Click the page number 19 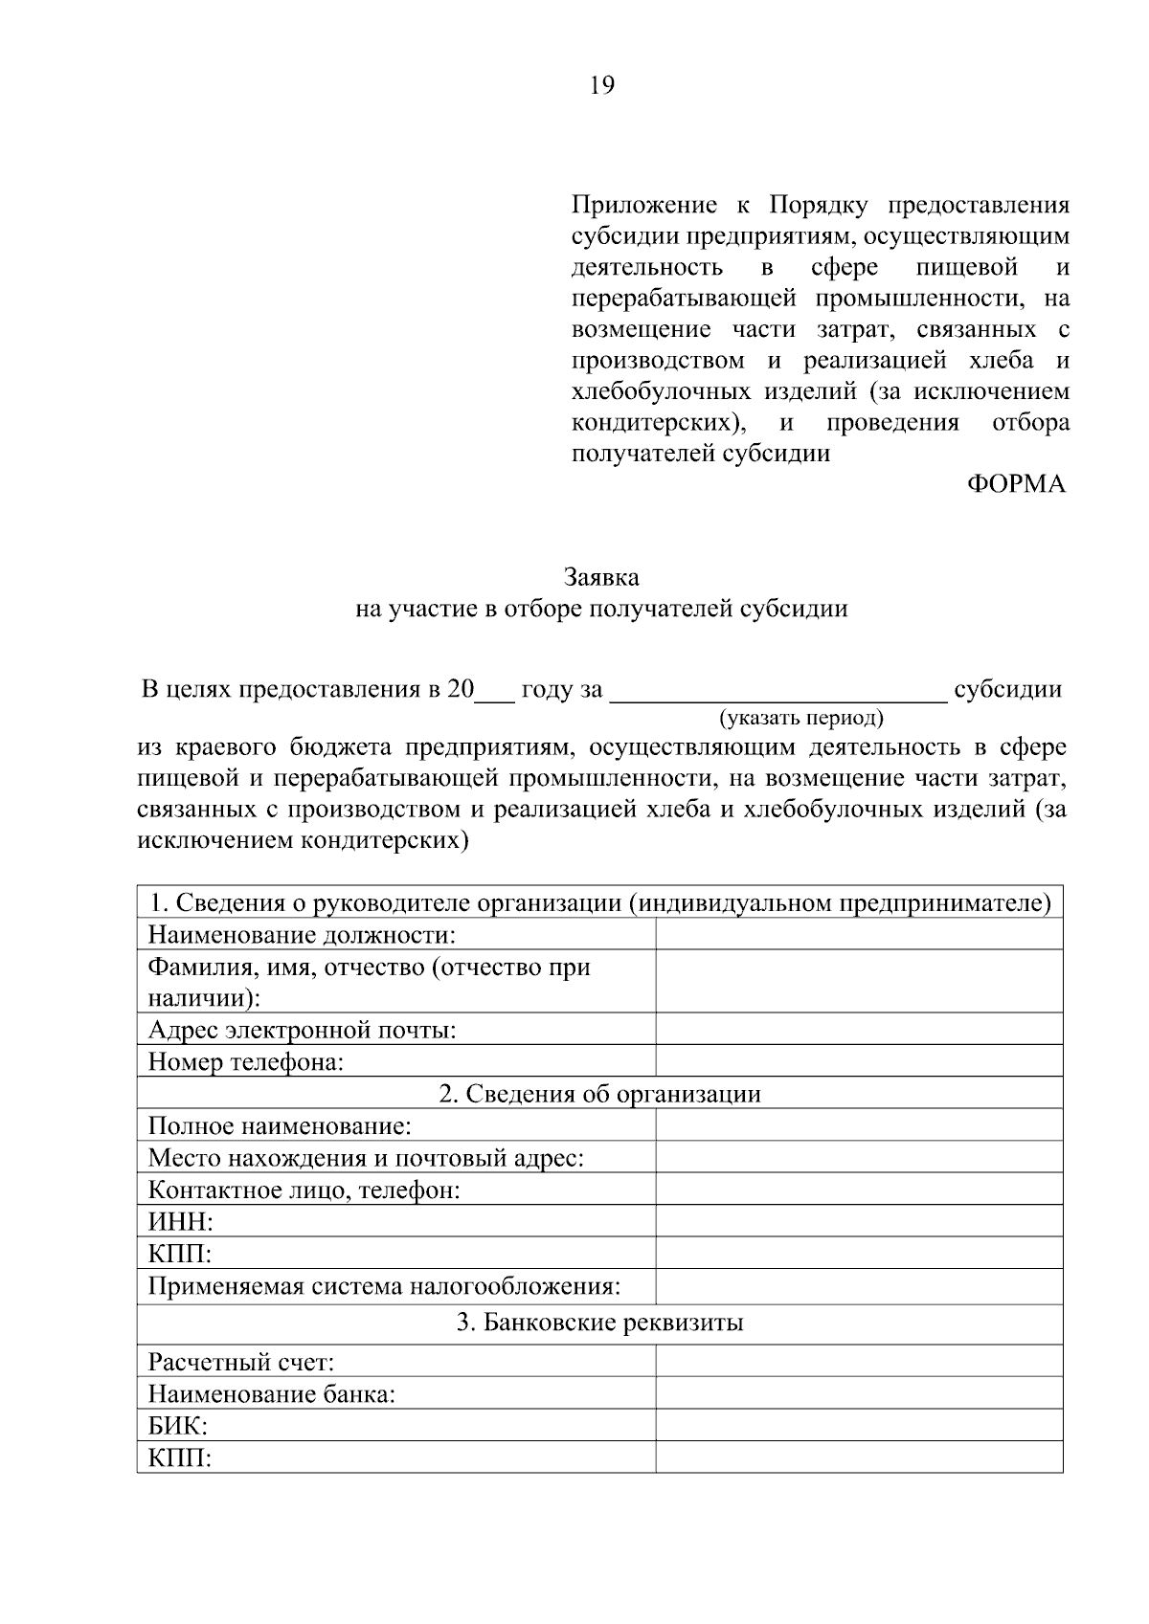pos(602,87)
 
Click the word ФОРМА pos(1015,484)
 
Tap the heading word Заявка pos(601,578)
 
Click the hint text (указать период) pos(801,717)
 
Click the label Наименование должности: pos(302,934)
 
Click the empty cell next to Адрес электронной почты pos(859,1030)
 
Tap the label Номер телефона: pos(246,1061)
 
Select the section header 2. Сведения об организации pos(600,1094)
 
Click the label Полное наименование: pos(280,1125)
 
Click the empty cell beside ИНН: pos(859,1221)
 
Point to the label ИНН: pos(180,1222)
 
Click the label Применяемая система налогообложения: pos(384,1286)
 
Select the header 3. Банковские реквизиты pos(600,1324)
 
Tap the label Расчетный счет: pos(240,1361)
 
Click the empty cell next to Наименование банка pos(859,1393)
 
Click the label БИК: pos(178,1426)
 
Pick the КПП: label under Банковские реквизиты pos(180,1457)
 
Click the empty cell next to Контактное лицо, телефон pos(859,1190)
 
